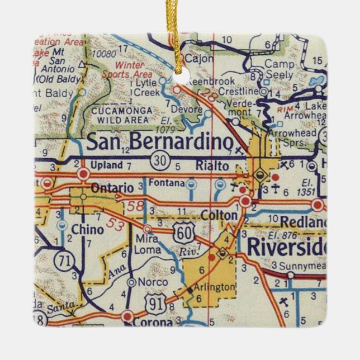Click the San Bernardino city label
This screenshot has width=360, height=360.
(x=159, y=143)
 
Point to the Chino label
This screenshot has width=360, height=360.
(x=87, y=229)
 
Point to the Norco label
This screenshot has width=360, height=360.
(x=149, y=282)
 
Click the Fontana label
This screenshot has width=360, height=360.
(x=166, y=183)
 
